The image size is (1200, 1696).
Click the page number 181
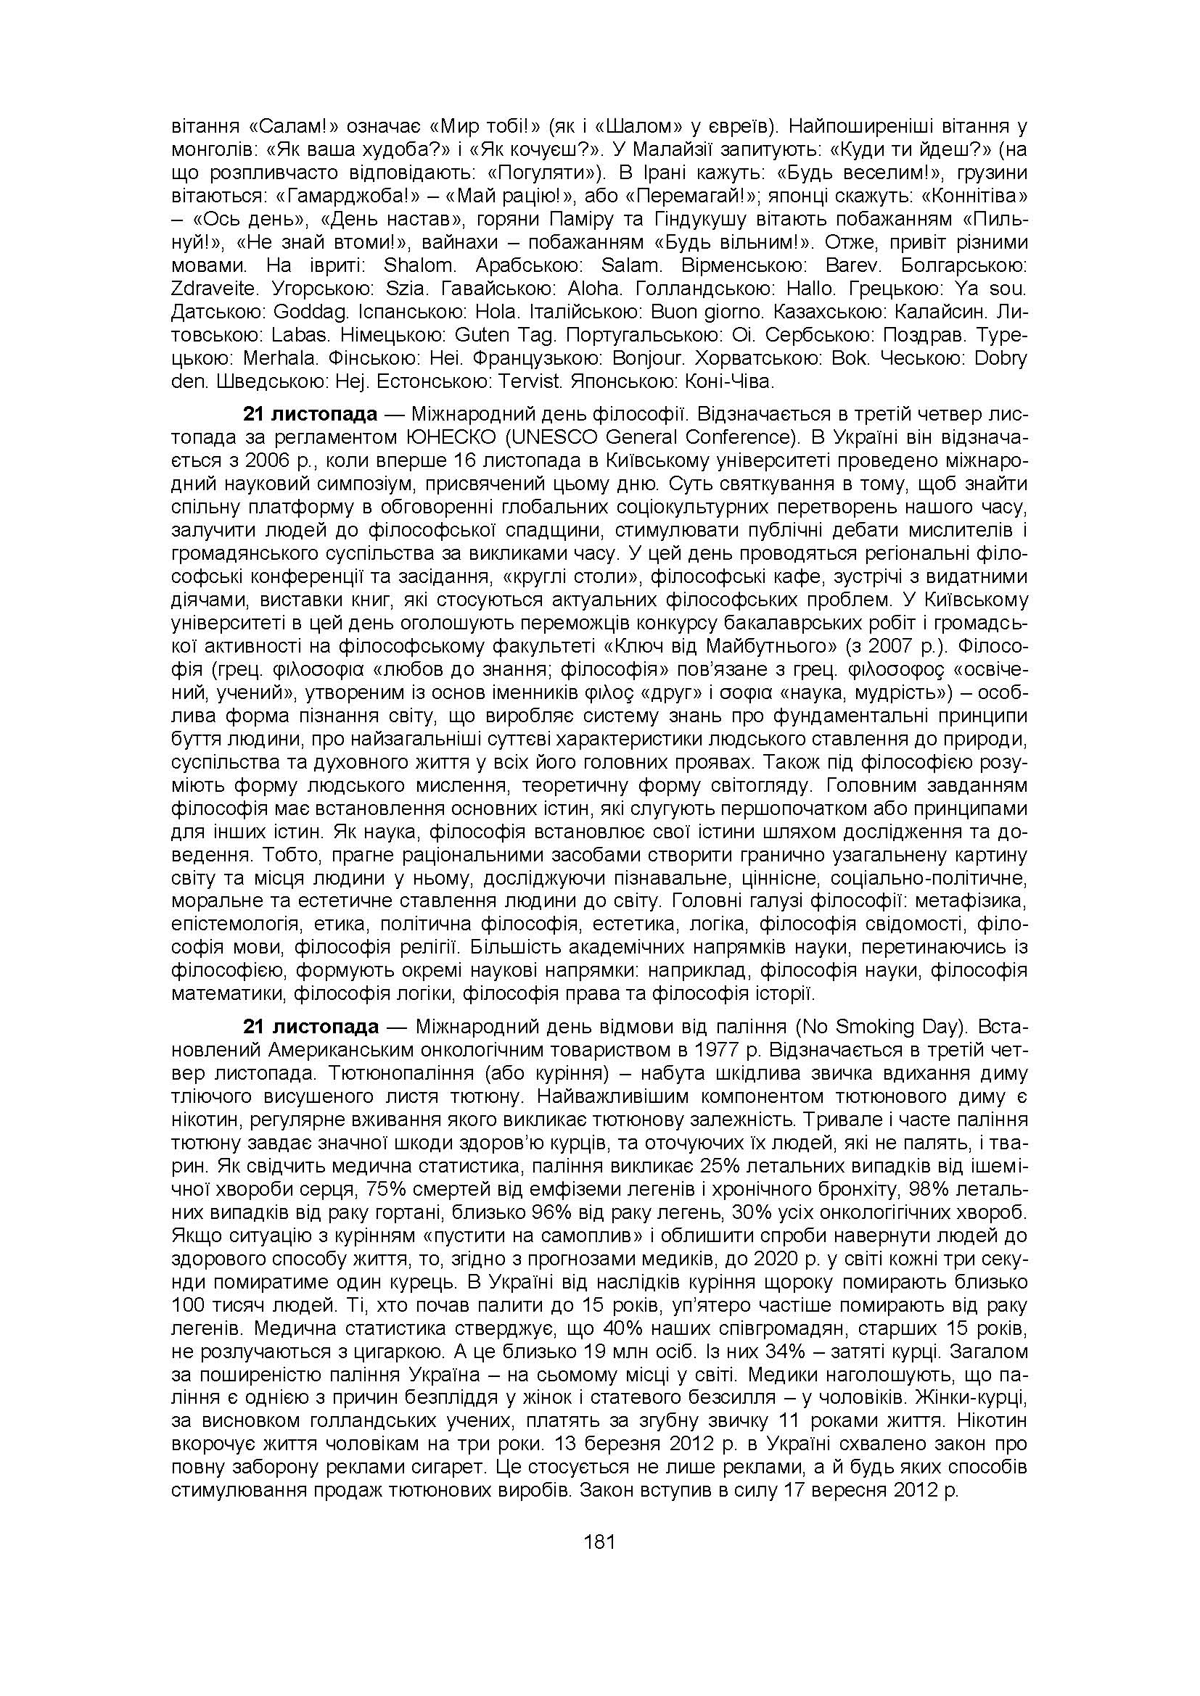coord(599,1542)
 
